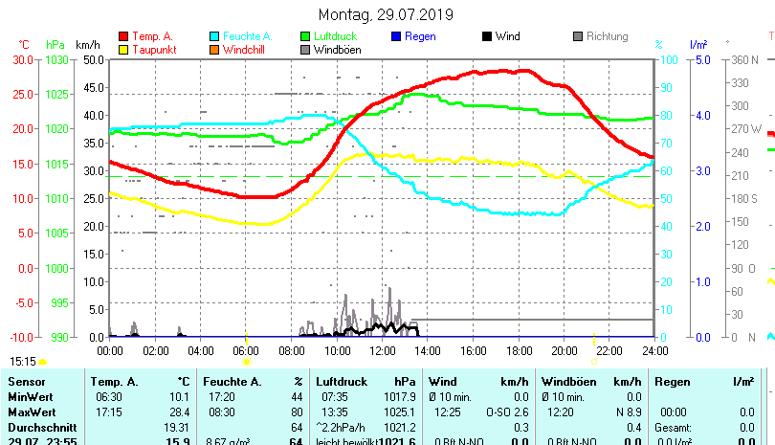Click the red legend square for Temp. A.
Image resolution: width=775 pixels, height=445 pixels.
[x=122, y=36]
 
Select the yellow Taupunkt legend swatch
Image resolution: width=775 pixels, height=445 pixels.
[x=122, y=49]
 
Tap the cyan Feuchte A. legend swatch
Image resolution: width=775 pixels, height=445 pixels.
[x=214, y=36]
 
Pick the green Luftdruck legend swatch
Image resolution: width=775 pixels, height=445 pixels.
[x=305, y=36]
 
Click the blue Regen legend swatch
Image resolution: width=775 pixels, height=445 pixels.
[x=397, y=36]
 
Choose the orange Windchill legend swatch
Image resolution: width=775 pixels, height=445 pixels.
[x=214, y=49]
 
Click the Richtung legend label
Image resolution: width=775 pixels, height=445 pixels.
[x=607, y=36]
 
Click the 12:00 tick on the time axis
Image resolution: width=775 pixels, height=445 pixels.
[x=382, y=350]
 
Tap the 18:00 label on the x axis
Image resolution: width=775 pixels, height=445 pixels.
[x=519, y=350]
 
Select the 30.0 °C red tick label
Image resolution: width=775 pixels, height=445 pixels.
[x=23, y=59]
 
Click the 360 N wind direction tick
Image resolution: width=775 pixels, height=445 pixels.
[x=745, y=59]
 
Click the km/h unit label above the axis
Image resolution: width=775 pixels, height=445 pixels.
[x=87, y=44]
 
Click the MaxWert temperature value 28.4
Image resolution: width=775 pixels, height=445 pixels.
[x=180, y=412]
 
